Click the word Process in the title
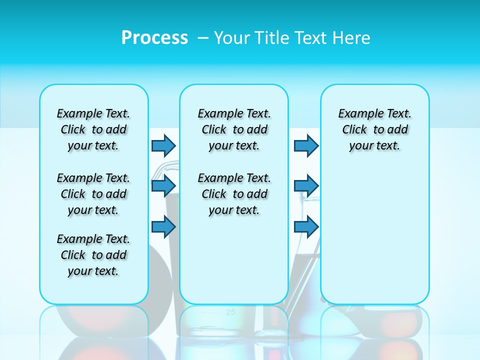(154, 37)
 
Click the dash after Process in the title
(203, 38)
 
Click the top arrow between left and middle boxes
(163, 145)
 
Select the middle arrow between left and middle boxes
(163, 186)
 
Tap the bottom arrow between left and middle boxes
(163, 226)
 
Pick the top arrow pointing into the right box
(306, 145)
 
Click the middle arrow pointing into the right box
(306, 186)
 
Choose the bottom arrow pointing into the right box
(306, 226)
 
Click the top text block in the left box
(93, 129)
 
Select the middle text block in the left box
(93, 194)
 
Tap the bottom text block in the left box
(93, 255)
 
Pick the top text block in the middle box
(234, 129)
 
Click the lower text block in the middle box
(234, 194)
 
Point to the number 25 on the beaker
(230, 312)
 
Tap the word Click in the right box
(354, 130)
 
